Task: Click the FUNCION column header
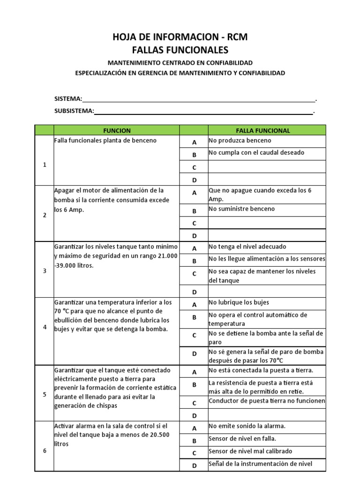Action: click(117, 130)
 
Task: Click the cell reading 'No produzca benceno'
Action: click(266, 141)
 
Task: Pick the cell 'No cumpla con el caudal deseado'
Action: click(266, 153)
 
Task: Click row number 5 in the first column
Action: click(45, 394)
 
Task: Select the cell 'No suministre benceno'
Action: click(266, 209)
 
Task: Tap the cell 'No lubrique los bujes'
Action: click(266, 303)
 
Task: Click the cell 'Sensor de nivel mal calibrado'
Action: click(266, 451)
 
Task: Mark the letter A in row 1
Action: click(194, 142)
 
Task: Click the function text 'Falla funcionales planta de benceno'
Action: click(105, 141)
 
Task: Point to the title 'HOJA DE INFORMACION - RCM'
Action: click(180, 37)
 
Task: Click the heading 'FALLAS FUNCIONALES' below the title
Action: click(180, 50)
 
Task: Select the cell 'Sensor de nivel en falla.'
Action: click(266, 439)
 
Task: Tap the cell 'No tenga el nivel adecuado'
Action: click(266, 247)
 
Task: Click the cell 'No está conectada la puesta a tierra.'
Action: click(266, 371)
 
